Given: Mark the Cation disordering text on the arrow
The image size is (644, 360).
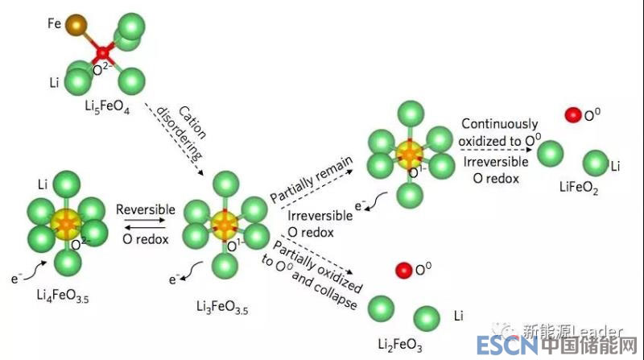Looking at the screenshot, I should [179, 132].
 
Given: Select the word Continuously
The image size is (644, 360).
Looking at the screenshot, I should [500, 124].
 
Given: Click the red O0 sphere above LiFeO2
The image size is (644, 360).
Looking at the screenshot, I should [572, 115].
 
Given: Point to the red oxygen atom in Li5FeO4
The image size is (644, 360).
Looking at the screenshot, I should [102, 54].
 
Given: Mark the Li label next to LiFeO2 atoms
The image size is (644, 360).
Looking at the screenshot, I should [615, 166].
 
